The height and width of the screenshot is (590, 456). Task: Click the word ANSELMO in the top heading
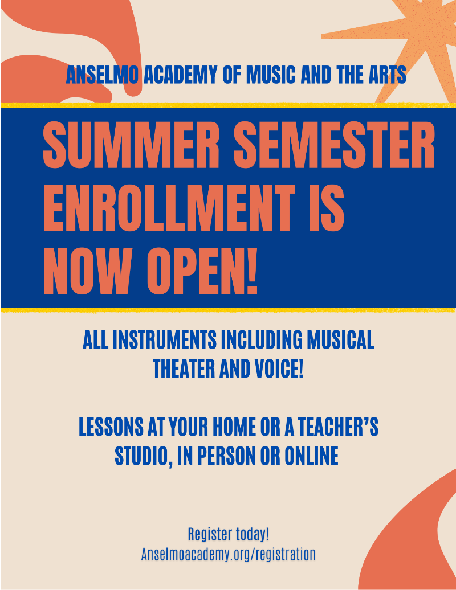point(102,75)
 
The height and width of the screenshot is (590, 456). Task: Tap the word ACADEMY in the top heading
point(180,75)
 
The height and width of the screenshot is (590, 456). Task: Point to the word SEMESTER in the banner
point(335,145)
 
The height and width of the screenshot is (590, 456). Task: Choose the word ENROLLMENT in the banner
point(169,208)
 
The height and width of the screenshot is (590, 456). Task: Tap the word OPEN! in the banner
point(202,271)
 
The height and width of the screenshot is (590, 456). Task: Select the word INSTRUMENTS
point(165,340)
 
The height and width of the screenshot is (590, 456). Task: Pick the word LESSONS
point(111,427)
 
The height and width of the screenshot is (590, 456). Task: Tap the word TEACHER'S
point(338,427)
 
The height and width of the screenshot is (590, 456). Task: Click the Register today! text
point(228,534)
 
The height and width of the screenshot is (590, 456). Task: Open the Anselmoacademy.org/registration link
point(228,555)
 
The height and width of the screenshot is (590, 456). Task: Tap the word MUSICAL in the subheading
point(340,340)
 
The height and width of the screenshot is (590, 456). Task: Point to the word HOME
point(234,427)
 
